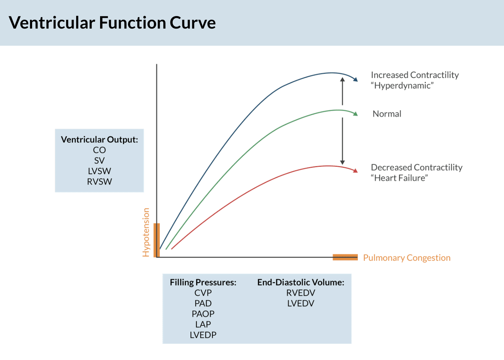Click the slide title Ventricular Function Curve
click(112, 23)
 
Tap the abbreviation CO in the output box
click(99, 150)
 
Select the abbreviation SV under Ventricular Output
click(99, 161)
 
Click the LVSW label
click(99, 171)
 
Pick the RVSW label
click(99, 182)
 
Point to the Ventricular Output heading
click(99, 140)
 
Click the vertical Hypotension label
click(146, 232)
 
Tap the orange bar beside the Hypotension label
click(156, 240)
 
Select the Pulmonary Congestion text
click(407, 258)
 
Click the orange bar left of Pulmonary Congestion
click(345, 257)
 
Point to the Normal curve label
click(387, 114)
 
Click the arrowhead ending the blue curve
click(355, 79)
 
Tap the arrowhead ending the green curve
click(355, 114)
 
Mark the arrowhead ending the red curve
click(355, 171)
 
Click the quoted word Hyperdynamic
click(402, 86)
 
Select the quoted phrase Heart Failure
click(399, 178)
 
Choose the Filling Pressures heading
click(203, 282)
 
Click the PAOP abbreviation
click(203, 314)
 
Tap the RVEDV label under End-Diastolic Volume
click(301, 293)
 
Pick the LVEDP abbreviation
click(203, 335)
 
